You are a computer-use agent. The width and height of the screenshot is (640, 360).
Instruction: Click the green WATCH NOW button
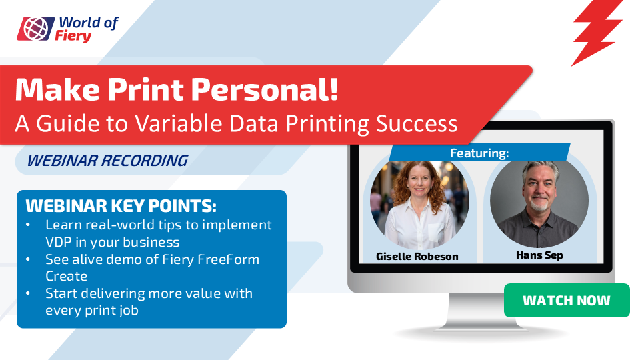pyautogui.click(x=567, y=301)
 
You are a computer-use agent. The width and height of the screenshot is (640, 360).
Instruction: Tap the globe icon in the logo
pyautogui.click(x=35, y=29)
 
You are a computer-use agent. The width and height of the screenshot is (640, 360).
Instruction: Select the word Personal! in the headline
pyautogui.click(x=265, y=89)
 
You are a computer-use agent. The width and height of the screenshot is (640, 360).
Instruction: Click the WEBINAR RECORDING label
pyautogui.click(x=107, y=161)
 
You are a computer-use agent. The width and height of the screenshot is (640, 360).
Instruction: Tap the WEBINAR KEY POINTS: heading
pyautogui.click(x=121, y=206)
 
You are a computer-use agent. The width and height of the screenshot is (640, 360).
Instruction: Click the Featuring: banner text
pyautogui.click(x=479, y=153)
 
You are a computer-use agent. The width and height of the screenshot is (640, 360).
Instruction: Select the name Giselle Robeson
pyautogui.click(x=417, y=256)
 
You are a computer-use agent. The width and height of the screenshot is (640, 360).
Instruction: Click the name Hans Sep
pyautogui.click(x=539, y=255)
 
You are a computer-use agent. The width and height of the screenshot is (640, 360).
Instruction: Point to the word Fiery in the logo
pyautogui.click(x=73, y=36)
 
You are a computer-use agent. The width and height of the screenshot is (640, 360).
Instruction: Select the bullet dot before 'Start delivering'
pyautogui.click(x=28, y=293)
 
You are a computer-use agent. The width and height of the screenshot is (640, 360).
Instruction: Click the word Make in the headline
pyautogui.click(x=57, y=89)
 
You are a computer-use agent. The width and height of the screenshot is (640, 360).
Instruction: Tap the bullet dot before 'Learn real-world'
pyautogui.click(x=28, y=225)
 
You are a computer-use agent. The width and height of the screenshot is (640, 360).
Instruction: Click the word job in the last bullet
pyautogui.click(x=129, y=311)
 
